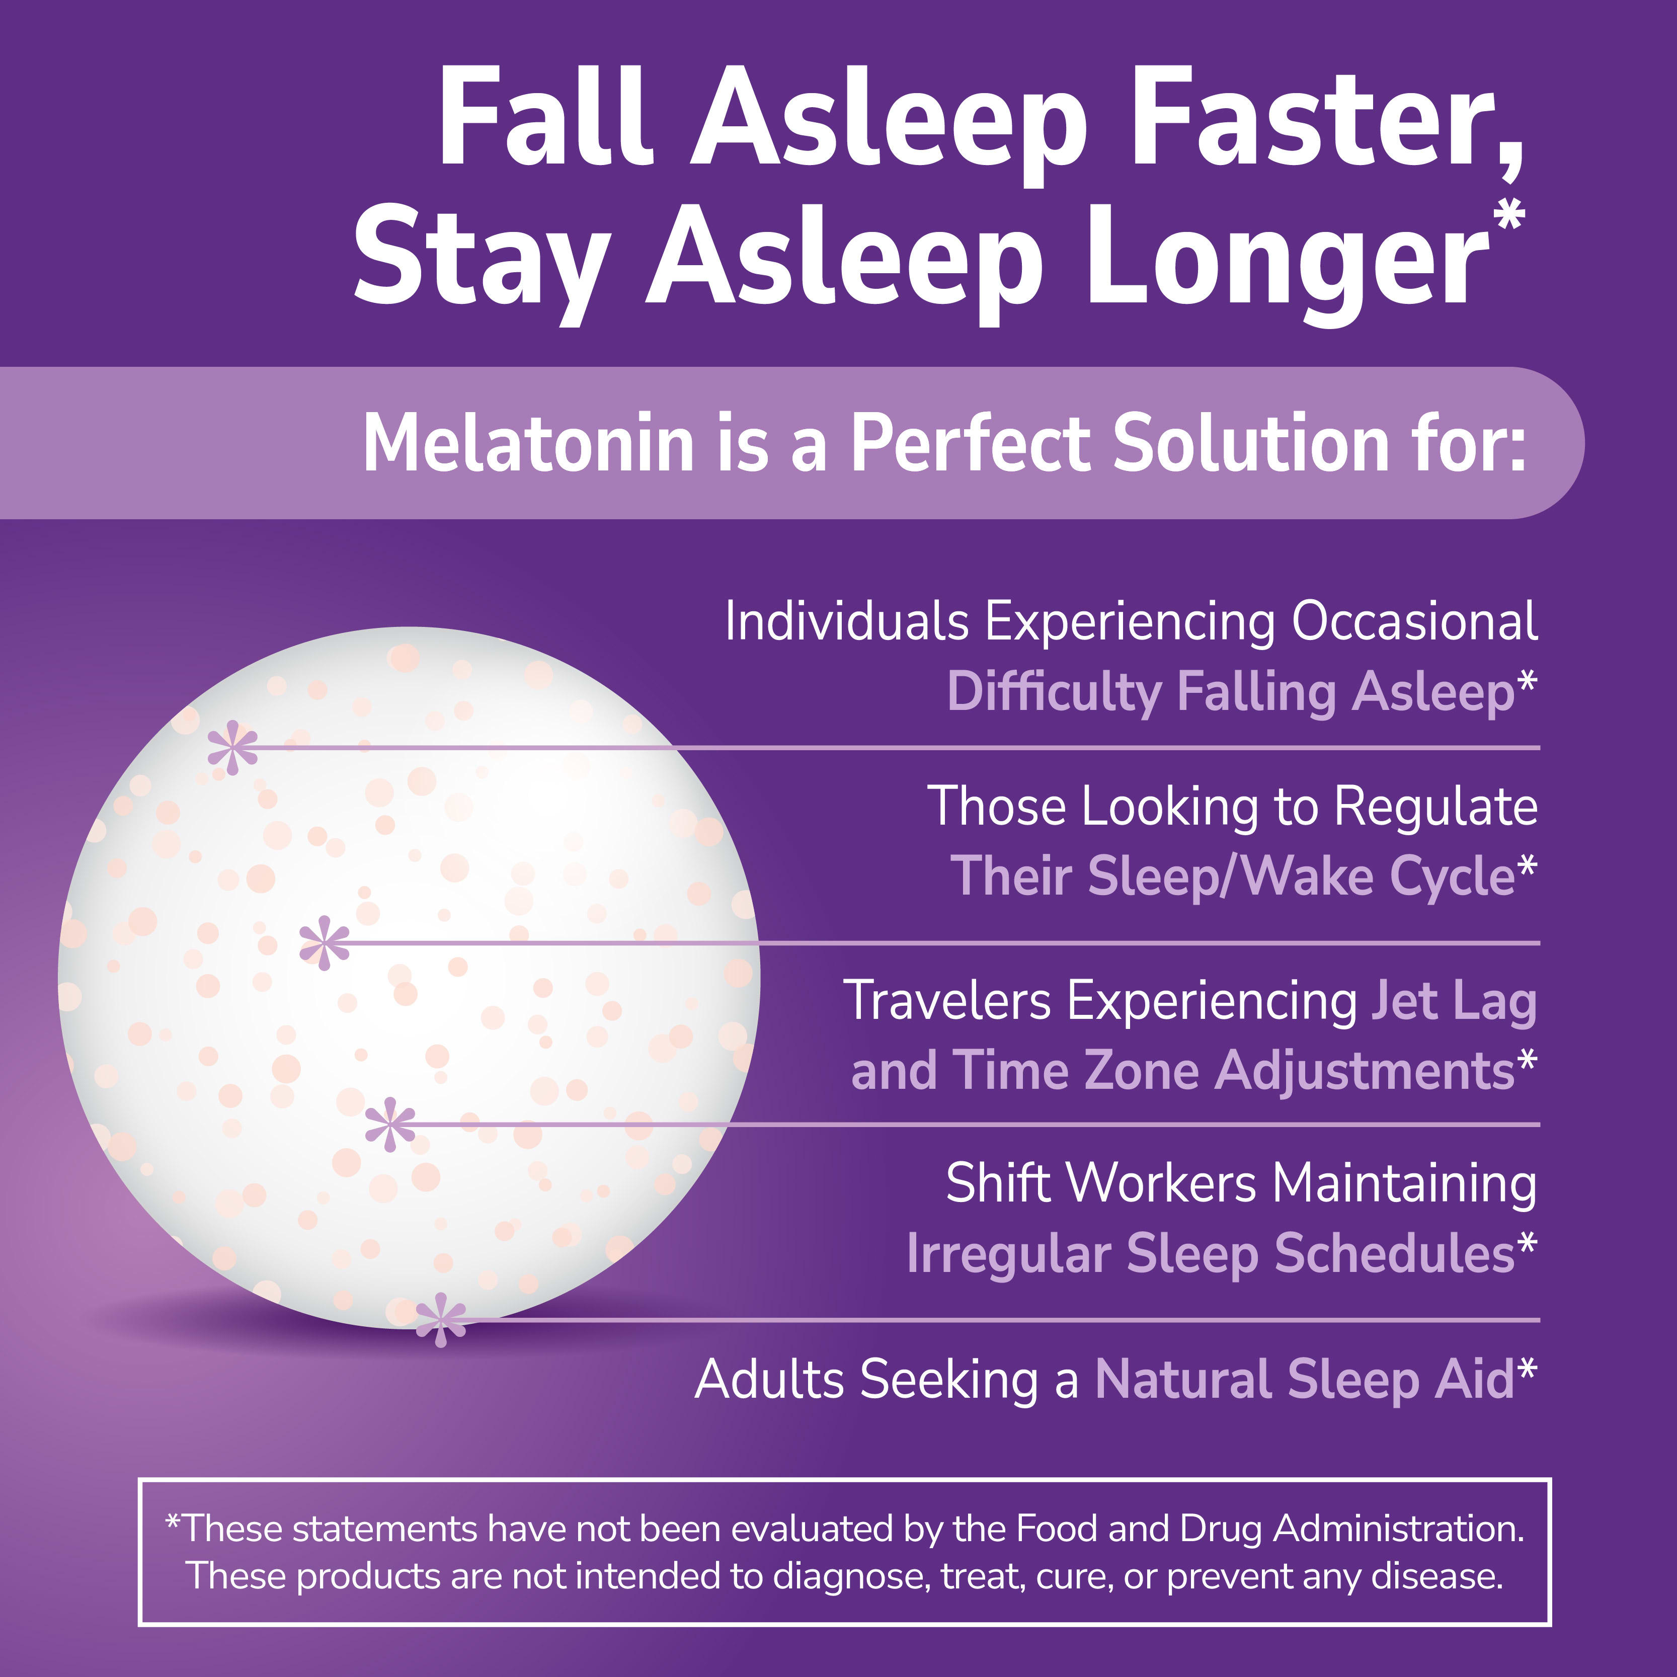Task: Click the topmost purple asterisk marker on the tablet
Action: [x=232, y=747]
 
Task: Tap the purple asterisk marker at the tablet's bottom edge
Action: [x=441, y=1320]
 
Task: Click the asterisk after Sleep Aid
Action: [x=1526, y=1369]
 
